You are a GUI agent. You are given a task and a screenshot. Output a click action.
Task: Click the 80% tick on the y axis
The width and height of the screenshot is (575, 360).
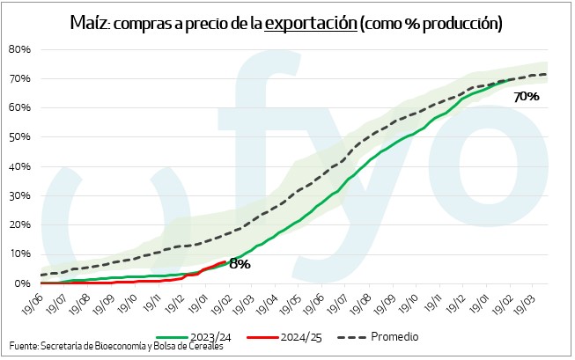click(x=20, y=49)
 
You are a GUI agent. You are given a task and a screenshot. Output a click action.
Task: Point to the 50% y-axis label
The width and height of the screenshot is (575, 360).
click(x=20, y=137)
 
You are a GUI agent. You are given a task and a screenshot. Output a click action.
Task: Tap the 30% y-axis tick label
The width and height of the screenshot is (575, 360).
click(x=20, y=195)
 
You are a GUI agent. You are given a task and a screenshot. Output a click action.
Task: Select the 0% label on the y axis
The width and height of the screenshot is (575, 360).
click(x=23, y=283)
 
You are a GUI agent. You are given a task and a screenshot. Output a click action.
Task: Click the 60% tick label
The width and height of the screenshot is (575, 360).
click(x=20, y=107)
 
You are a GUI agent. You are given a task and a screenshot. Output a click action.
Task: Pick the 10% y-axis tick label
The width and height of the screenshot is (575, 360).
click(x=20, y=254)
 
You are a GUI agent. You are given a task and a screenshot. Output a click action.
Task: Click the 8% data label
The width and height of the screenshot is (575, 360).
click(x=240, y=263)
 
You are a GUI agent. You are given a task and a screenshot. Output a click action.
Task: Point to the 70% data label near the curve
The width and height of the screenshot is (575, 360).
click(x=527, y=97)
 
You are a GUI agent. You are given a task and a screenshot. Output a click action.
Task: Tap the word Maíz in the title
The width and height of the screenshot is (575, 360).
click(x=87, y=23)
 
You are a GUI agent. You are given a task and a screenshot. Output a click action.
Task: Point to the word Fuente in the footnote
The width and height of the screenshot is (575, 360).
click(x=25, y=346)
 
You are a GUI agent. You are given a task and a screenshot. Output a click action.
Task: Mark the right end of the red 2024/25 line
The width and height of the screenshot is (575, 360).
click(x=227, y=261)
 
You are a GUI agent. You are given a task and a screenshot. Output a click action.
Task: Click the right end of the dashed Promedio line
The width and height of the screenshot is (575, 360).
click(x=547, y=74)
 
